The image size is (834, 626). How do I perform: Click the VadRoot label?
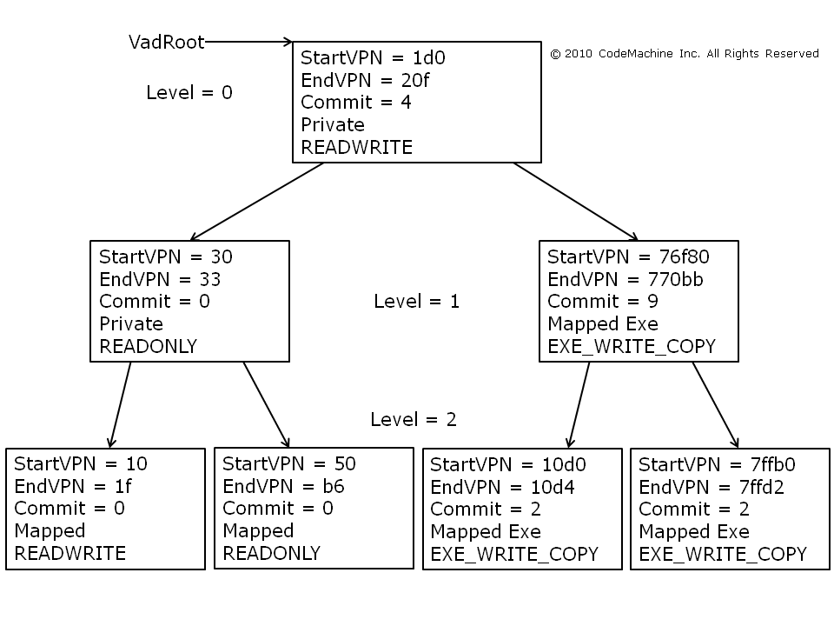click(167, 42)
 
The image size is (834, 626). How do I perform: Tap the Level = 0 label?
click(189, 93)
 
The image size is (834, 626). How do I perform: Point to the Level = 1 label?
click(416, 301)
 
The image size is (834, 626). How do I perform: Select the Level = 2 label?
click(413, 419)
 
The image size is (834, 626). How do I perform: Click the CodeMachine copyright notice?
click(684, 54)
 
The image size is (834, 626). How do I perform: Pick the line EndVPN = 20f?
click(365, 80)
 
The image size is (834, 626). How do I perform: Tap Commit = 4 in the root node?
click(355, 103)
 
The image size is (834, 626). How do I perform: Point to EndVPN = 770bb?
click(625, 279)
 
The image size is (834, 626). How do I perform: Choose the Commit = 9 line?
click(602, 302)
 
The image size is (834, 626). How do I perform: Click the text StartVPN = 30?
click(165, 256)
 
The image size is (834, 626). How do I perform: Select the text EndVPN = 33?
click(160, 279)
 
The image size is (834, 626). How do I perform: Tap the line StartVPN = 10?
click(81, 463)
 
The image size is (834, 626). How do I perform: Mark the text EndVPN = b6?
click(283, 486)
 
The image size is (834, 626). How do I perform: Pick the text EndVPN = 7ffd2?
click(712, 487)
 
